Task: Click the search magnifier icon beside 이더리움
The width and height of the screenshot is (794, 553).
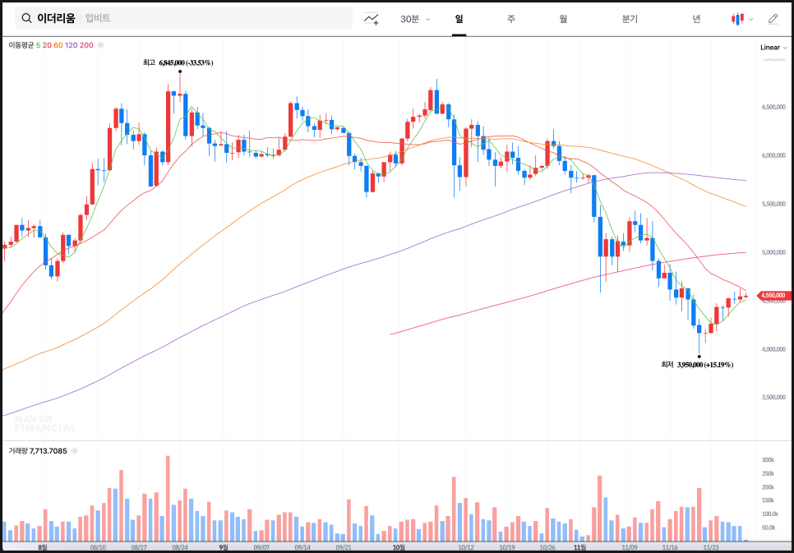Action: (26, 18)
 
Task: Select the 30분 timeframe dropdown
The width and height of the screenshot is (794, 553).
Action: (414, 19)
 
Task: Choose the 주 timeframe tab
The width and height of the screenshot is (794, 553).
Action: (510, 19)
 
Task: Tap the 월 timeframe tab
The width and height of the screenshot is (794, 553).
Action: (563, 19)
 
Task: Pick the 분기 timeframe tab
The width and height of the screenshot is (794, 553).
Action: (630, 19)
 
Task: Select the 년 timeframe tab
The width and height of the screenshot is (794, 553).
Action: (696, 19)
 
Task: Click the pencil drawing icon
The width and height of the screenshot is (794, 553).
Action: (773, 19)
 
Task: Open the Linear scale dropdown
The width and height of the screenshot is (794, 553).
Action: (773, 48)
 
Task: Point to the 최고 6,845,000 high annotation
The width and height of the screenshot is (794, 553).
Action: (178, 62)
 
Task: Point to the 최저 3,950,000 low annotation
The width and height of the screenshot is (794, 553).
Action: (697, 364)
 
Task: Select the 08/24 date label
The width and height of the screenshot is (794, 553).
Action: (180, 547)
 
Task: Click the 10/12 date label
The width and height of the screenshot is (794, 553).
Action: (466, 547)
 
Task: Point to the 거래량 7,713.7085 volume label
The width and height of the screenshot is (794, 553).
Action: (38, 451)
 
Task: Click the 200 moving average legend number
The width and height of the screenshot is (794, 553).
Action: (86, 45)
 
